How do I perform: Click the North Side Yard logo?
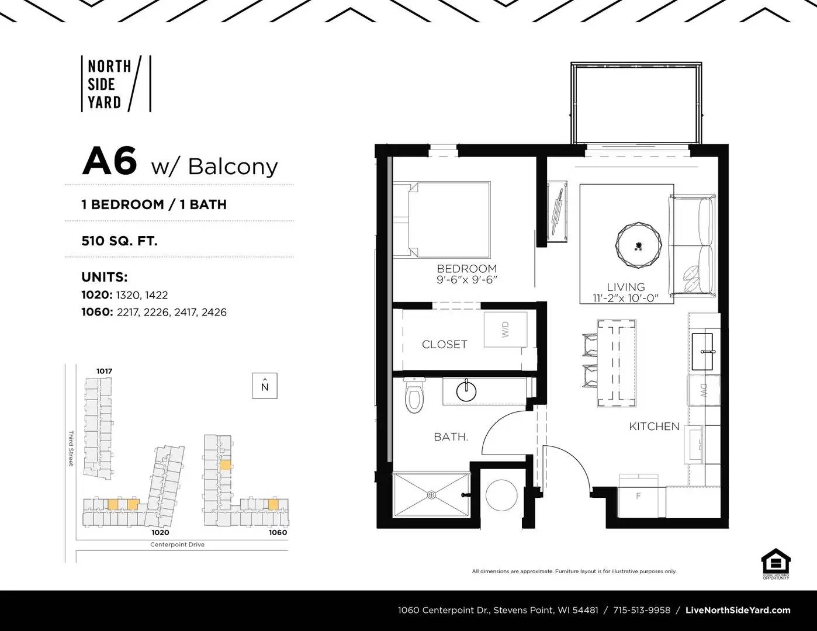(x=116, y=84)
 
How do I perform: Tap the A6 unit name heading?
(x=110, y=161)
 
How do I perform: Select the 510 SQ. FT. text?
(x=120, y=240)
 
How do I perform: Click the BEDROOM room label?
(x=466, y=269)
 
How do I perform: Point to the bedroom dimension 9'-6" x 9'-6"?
(x=466, y=280)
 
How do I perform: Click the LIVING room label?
(x=625, y=287)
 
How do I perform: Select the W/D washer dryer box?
(x=506, y=330)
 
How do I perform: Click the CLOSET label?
(x=444, y=345)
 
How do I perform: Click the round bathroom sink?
(x=466, y=391)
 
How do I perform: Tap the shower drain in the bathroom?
(x=431, y=495)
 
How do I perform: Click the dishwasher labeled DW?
(x=703, y=391)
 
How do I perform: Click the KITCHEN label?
(x=654, y=427)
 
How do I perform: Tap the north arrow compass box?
(x=265, y=386)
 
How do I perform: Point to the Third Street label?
(x=71, y=448)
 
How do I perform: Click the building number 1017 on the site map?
(x=104, y=371)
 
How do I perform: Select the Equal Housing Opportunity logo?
(x=776, y=564)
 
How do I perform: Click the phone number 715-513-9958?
(x=642, y=610)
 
